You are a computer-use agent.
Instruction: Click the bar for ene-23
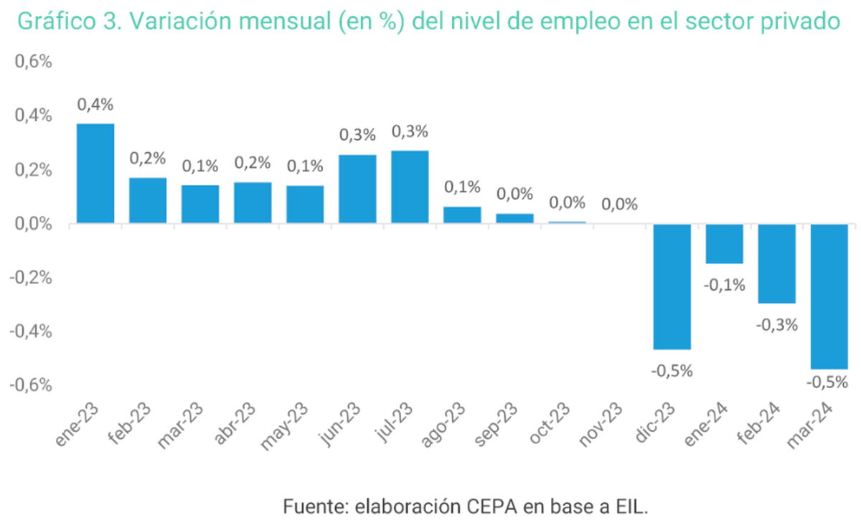point(95,173)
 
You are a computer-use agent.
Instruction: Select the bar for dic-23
point(672,287)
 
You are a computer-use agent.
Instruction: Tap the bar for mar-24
point(829,296)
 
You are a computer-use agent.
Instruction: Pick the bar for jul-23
point(410,187)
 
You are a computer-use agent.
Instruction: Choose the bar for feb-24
point(777,263)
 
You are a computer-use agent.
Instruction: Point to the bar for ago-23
point(462,215)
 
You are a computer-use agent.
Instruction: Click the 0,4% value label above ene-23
point(95,105)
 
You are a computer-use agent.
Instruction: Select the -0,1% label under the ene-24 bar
point(725,285)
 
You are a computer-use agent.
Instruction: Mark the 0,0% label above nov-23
point(619,204)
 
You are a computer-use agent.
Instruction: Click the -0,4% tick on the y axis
point(31,331)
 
